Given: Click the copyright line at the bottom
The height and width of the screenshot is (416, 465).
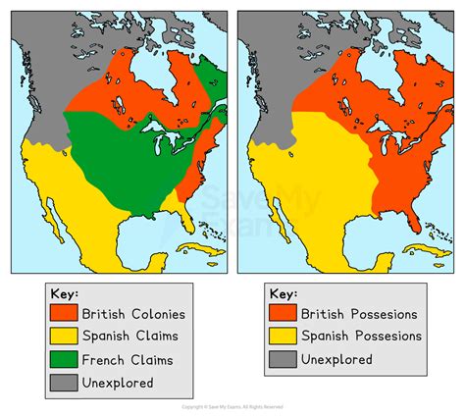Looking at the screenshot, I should pyautogui.click(x=232, y=406).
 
